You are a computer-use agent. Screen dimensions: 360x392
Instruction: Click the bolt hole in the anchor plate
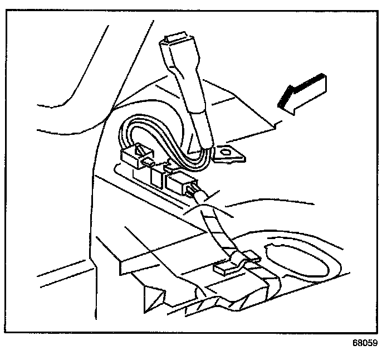226,152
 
